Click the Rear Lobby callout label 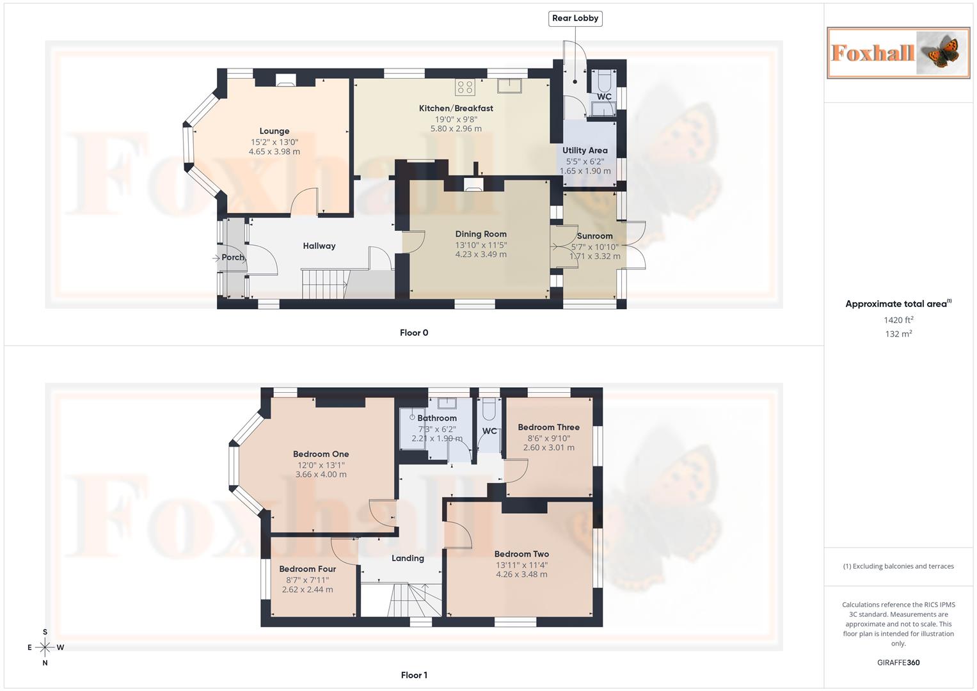tap(575, 19)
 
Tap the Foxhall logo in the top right tap(898, 52)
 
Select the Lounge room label tap(274, 131)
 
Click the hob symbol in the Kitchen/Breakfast tap(465, 87)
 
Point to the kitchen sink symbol tap(510, 85)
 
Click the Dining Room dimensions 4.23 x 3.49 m tap(481, 255)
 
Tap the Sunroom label tap(594, 236)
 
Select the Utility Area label tap(585, 150)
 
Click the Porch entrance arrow tap(216, 258)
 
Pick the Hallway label tap(319, 246)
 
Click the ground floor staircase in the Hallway tap(324, 284)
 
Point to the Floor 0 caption tap(414, 333)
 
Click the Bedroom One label tap(321, 454)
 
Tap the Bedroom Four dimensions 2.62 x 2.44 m tap(307, 590)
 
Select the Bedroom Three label tap(548, 427)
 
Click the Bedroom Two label tap(521, 554)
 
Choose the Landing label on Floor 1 tap(408, 559)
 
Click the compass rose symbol tap(45, 647)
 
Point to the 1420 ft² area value tap(898, 320)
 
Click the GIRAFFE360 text tap(898, 663)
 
